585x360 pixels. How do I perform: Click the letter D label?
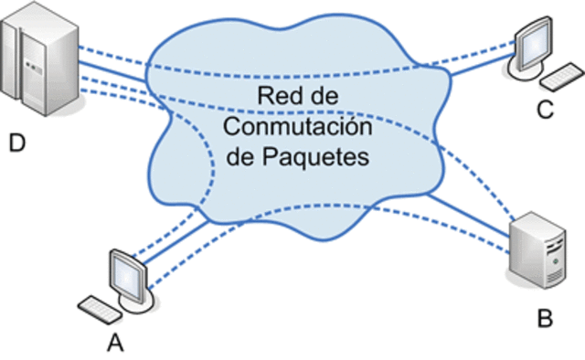[17, 143]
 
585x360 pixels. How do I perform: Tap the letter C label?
[545, 111]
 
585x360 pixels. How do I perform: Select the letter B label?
[545, 319]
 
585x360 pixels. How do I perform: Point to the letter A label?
[115, 343]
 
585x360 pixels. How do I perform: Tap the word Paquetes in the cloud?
[324, 156]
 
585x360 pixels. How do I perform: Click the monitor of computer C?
[534, 41]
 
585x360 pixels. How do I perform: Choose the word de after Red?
[316, 95]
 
